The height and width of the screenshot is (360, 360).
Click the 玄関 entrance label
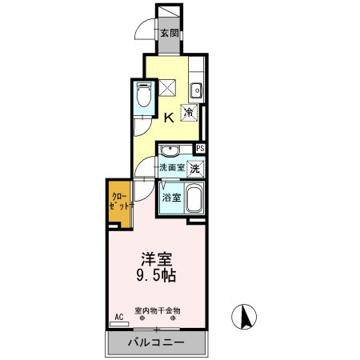pos(170,33)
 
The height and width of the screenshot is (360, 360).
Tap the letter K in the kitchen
pos(169,118)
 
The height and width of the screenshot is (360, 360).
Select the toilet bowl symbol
pos(144,95)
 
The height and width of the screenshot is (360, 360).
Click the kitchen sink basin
pos(196,90)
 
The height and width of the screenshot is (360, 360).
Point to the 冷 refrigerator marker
pos(190,112)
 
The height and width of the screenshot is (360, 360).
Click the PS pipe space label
pos(200,148)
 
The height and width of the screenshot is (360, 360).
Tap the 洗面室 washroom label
pos(172,167)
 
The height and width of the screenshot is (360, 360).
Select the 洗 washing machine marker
pos(195,169)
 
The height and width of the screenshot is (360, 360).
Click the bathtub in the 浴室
pos(194,198)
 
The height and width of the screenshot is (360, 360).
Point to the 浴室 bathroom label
pos(172,198)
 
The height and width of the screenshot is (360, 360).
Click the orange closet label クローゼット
pos(119,202)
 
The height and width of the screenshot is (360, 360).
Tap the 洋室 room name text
pos(156,258)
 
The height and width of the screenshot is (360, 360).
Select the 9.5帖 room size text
pos(156,276)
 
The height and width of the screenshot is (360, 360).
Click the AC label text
pos(119,317)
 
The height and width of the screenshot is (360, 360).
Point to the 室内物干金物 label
pos(158,310)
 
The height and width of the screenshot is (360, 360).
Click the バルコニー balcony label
pos(156,342)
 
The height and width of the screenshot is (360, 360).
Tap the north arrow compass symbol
pos(244,317)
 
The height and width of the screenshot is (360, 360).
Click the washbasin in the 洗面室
pos(170,151)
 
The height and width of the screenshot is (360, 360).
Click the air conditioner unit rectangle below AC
pos(119,324)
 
